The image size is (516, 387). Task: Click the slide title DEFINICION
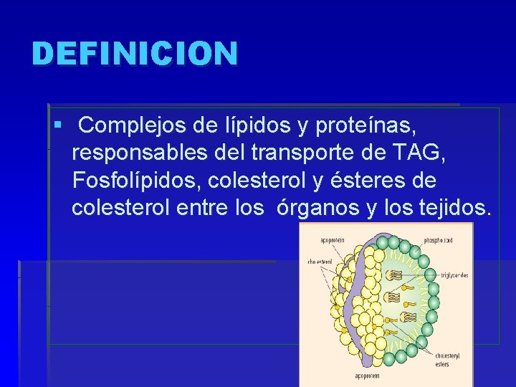[x=134, y=54]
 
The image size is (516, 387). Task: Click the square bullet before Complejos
[x=57, y=126]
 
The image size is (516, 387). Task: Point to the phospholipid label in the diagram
[x=437, y=240]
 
